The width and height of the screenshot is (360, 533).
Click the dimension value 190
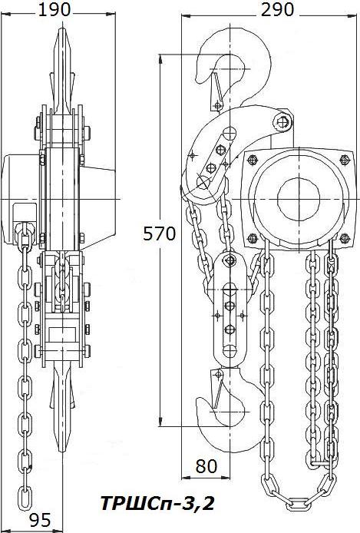tap(54, 9)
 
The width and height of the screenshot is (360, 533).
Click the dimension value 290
tap(277, 9)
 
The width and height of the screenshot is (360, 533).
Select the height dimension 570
tap(160, 234)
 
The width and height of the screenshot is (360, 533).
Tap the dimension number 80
tap(206, 466)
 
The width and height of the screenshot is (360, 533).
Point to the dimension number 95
tap(40, 520)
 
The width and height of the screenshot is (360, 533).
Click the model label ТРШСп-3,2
tap(158, 503)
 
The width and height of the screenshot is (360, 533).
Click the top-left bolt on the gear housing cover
tap(252, 159)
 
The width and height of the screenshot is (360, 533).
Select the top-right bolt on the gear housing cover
tap(345, 159)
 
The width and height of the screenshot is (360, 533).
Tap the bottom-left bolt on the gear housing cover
tap(253, 239)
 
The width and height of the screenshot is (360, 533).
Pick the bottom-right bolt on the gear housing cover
tap(345, 239)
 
